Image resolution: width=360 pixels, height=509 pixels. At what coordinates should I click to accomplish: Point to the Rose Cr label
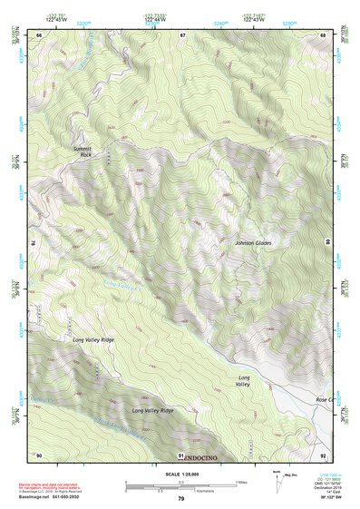[x=323, y=399]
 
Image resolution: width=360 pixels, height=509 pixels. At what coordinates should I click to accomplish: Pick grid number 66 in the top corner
[x=39, y=34]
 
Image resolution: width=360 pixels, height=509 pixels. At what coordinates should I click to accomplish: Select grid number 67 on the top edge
[x=181, y=34]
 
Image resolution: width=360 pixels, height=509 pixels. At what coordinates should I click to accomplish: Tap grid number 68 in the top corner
[x=323, y=34]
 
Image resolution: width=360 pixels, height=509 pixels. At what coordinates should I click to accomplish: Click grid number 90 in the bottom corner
[x=39, y=455]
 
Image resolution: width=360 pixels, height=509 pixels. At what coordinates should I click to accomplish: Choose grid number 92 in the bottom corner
[x=323, y=455]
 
